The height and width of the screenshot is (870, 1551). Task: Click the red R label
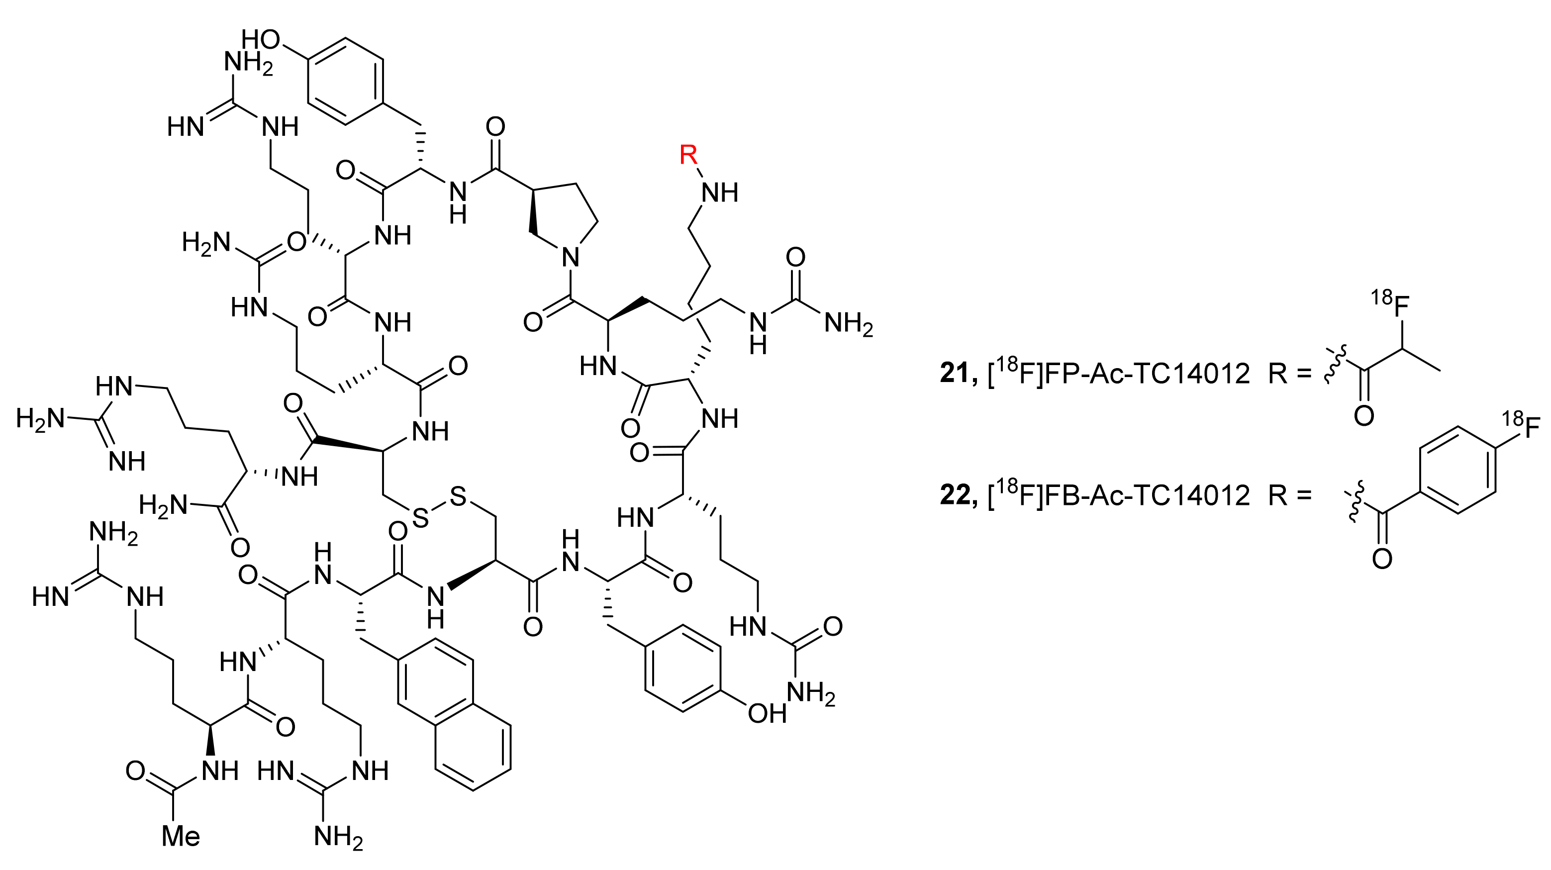(687, 155)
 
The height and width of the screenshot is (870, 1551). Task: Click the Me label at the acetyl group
(181, 836)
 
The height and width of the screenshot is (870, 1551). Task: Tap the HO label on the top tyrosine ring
(261, 40)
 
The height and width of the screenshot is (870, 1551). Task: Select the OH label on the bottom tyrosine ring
(767, 714)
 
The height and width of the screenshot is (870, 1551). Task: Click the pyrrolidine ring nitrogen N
(570, 258)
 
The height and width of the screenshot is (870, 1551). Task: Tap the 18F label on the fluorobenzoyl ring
(1521, 429)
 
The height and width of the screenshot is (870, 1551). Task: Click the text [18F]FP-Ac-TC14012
(1120, 374)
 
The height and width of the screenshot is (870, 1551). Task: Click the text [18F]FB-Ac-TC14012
(1120, 495)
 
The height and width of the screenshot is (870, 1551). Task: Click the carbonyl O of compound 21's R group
(1364, 415)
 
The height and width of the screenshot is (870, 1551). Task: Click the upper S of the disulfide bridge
(458, 497)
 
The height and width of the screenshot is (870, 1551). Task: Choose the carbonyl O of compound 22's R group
(1382, 559)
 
